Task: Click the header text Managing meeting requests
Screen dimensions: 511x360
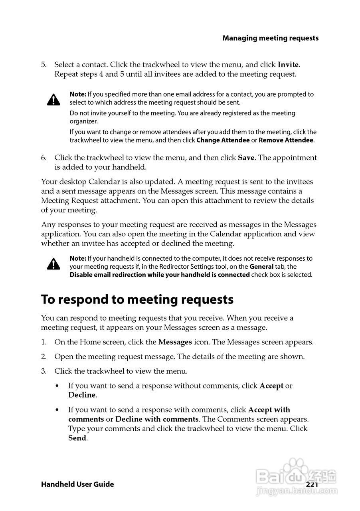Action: tap(271, 38)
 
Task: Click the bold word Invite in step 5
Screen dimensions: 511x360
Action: tap(288, 64)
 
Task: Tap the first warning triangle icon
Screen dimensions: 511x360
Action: tap(53, 99)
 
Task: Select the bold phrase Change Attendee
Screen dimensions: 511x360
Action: tap(223, 140)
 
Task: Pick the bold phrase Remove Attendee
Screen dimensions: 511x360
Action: tap(286, 140)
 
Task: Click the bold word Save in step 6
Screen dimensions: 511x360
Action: tap(246, 158)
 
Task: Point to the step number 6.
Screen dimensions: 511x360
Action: tap(44, 158)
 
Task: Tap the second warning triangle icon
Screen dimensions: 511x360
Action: tap(53, 264)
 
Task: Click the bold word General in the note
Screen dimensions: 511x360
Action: tap(261, 266)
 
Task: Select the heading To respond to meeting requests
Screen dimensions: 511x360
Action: tap(137, 299)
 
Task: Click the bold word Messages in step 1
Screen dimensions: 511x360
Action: tap(175, 342)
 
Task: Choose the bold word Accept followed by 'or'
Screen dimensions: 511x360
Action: tap(271, 386)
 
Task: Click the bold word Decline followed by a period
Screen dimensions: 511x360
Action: tap(82, 395)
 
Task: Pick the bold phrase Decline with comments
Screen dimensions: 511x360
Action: tap(157, 419)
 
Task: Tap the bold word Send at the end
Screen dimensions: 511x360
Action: tap(77, 438)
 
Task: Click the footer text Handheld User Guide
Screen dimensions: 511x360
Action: tap(77, 484)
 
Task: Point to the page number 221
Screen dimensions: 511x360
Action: tap(312, 484)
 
